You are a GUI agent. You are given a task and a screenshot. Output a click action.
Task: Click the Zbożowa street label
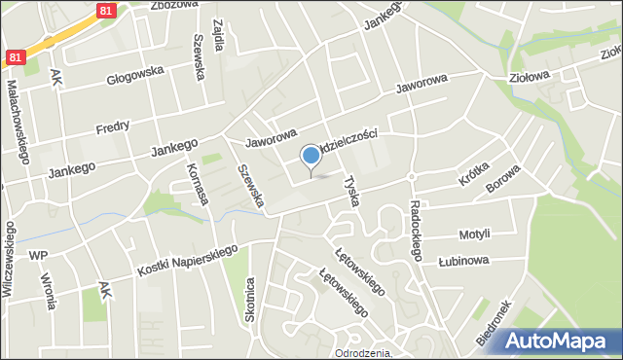pos(174,4)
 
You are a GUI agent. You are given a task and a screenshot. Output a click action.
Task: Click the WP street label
pos(38,255)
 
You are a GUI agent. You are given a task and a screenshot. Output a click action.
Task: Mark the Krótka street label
pos(473,177)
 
